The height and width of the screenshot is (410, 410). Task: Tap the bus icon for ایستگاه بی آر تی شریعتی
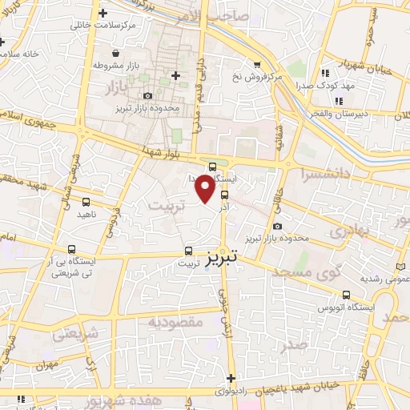click(72, 249)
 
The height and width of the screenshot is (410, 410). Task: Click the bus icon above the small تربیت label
click(189, 249)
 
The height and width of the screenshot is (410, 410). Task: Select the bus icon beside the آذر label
click(223, 193)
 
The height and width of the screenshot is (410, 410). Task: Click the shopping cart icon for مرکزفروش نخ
click(256, 65)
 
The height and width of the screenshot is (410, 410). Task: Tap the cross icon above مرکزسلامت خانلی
click(102, 13)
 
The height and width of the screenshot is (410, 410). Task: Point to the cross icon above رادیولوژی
click(231, 378)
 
